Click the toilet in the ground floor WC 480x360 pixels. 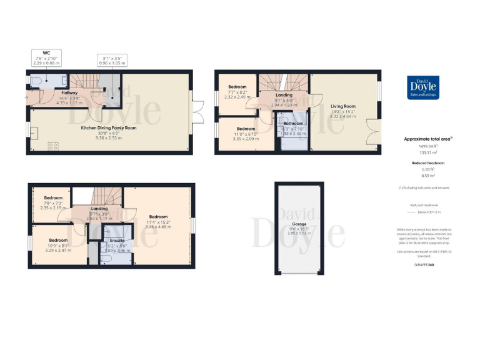pyautogui.click(x=36, y=81)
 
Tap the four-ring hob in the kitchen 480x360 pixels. pyautogui.click(x=53, y=147)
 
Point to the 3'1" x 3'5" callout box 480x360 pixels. pyautogui.click(x=113, y=61)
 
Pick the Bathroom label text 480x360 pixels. pyautogui.click(x=288, y=124)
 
